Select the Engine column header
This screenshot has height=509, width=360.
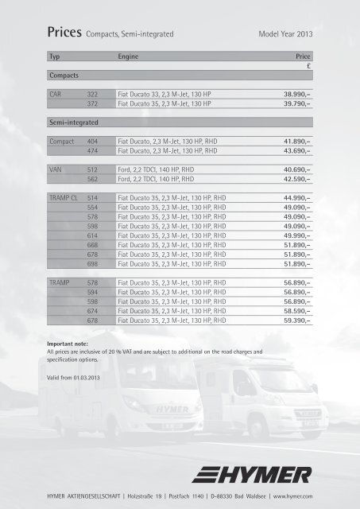click(129, 58)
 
